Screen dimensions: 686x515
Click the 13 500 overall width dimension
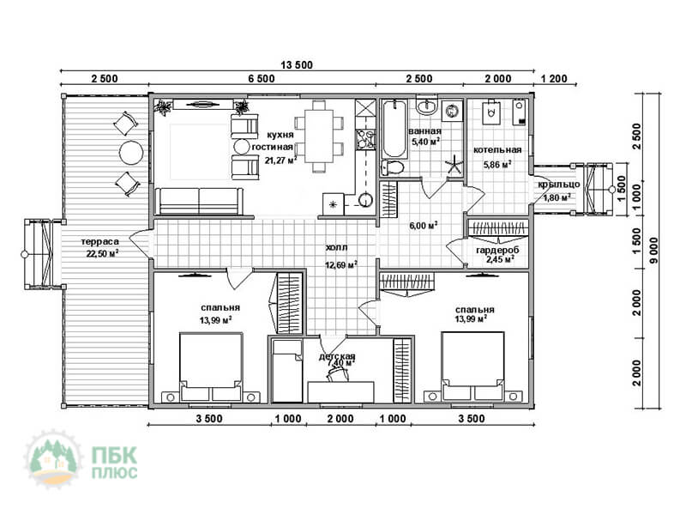(297, 65)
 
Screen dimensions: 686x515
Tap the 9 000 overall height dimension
(653, 251)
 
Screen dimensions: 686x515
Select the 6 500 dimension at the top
(262, 78)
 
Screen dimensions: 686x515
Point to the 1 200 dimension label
(554, 78)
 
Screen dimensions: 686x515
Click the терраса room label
(99, 241)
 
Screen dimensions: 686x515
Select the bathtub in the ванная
(394, 128)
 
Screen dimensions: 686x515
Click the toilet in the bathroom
(392, 167)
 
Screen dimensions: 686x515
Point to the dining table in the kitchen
(319, 136)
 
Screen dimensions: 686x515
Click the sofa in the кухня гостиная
(200, 201)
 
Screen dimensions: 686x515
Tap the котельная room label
(497, 149)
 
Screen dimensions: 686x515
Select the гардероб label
(497, 250)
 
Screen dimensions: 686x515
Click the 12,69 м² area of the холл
(341, 264)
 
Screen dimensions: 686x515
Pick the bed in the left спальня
(211, 367)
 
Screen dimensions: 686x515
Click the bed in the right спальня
(472, 366)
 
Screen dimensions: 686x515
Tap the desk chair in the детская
(336, 373)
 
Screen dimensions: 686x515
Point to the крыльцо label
(559, 185)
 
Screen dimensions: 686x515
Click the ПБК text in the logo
(114, 456)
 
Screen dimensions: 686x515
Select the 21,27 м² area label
(280, 160)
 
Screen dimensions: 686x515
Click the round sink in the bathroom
(426, 106)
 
